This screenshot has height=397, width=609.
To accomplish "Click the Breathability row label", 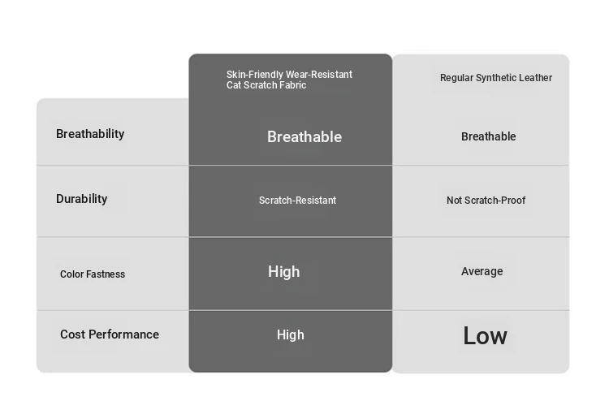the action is click(x=90, y=134).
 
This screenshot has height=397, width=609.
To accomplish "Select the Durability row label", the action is click(x=81, y=199).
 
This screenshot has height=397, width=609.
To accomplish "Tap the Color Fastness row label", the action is click(x=93, y=274).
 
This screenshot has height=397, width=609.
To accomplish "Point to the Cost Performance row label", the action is click(x=110, y=334).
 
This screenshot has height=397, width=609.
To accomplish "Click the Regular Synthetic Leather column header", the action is click(x=496, y=78).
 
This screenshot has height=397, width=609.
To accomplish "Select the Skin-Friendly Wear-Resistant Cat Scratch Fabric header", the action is click(x=289, y=80).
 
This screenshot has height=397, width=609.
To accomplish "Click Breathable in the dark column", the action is click(x=304, y=136).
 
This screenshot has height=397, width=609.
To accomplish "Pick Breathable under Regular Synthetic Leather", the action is click(x=489, y=136).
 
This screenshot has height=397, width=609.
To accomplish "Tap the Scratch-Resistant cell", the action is click(x=297, y=201).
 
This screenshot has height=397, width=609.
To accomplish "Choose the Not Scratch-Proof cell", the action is click(x=486, y=201).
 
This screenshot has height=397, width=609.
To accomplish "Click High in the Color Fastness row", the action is click(x=284, y=272).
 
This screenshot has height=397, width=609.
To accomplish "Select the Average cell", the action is click(x=482, y=271).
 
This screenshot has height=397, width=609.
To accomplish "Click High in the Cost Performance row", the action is click(x=291, y=334).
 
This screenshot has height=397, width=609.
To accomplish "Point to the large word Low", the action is click(x=485, y=335).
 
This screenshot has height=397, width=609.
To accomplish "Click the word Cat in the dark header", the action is click(x=234, y=85).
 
